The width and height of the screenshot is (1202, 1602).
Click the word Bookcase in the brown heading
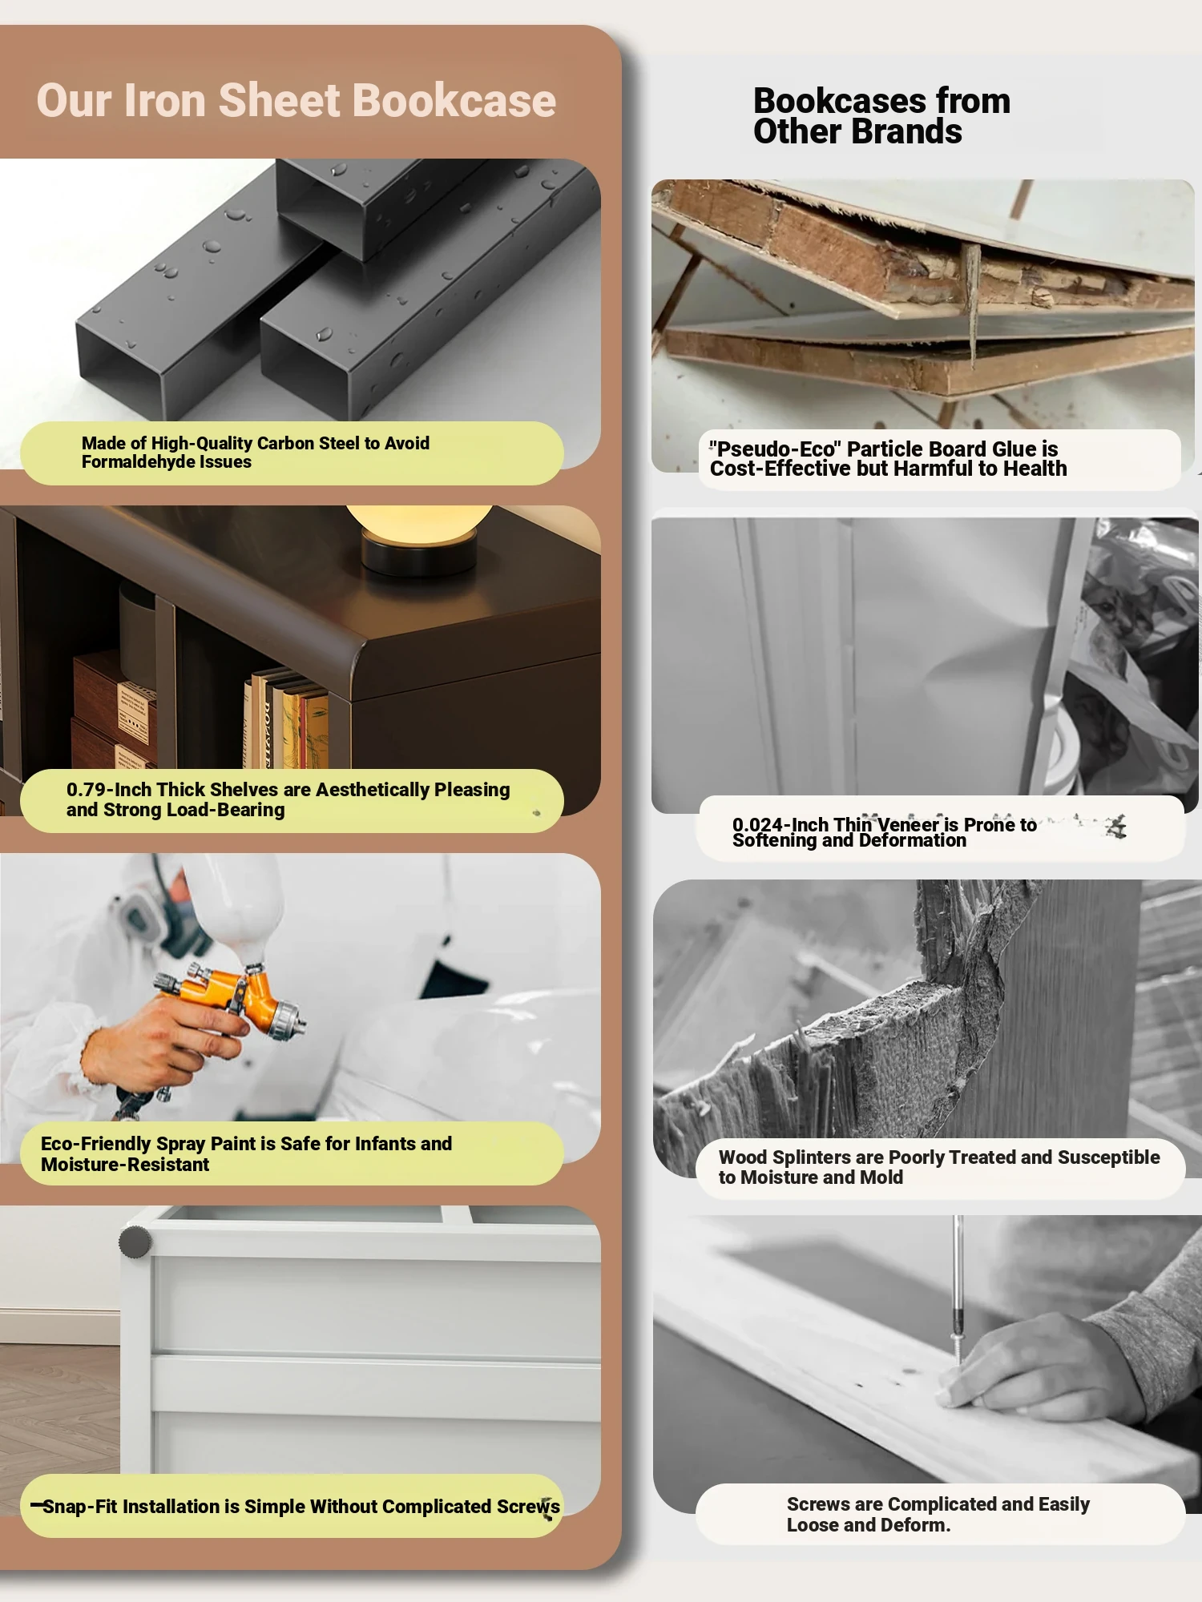tap(454, 101)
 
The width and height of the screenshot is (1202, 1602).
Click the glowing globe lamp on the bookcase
tap(419, 521)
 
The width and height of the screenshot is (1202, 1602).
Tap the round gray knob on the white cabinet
tap(135, 1242)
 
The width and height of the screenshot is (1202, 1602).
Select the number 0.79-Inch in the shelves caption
tap(109, 790)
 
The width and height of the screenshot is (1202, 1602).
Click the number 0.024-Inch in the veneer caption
tap(780, 825)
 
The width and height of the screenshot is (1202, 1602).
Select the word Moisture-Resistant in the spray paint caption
tap(125, 1165)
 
